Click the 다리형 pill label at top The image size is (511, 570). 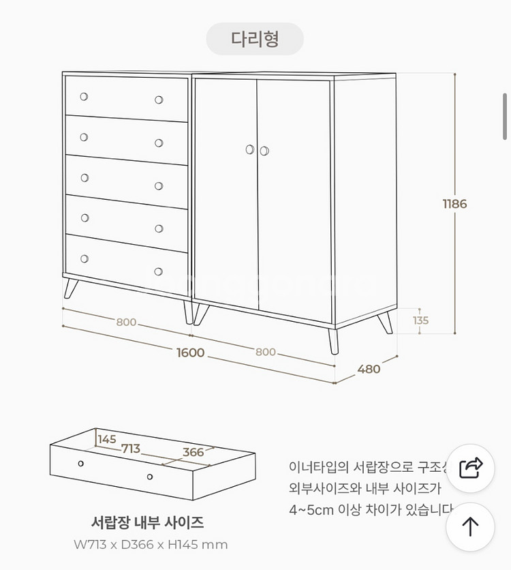[x=255, y=38]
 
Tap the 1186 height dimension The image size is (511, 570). [x=454, y=204]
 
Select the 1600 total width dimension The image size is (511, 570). [x=190, y=352]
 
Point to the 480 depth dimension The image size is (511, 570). [x=369, y=369]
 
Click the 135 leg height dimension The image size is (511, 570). [x=420, y=320]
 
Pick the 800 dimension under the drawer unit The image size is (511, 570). [x=126, y=322]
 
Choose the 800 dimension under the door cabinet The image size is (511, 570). [x=266, y=352]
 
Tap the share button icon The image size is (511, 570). [x=470, y=468]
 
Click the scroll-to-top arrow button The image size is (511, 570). [x=470, y=526]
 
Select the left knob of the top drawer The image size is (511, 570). [x=84, y=97]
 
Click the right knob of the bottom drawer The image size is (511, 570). [x=159, y=271]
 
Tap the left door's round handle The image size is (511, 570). [x=250, y=149]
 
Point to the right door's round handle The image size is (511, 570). [x=264, y=151]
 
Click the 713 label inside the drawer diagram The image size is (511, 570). [x=131, y=449]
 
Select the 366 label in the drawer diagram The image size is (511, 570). [x=193, y=452]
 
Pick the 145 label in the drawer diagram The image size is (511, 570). [x=107, y=439]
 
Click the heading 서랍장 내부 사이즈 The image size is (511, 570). [x=147, y=523]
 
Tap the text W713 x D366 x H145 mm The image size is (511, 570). [x=151, y=545]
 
